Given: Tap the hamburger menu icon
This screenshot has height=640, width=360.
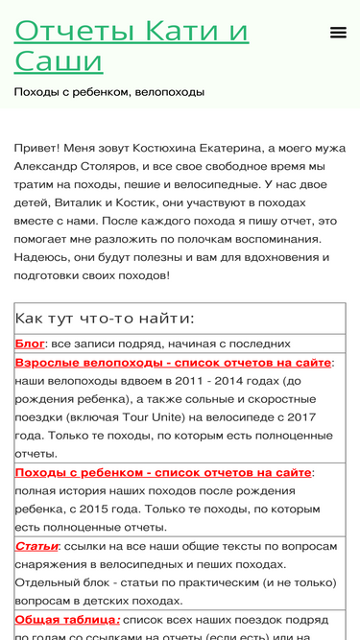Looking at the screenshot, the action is tap(338, 33).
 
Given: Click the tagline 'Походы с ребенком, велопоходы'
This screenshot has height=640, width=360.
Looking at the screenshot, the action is tap(108, 92).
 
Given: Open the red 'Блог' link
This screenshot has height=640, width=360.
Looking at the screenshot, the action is tap(30, 344).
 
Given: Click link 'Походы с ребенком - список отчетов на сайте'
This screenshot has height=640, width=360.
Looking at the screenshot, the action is tap(163, 472).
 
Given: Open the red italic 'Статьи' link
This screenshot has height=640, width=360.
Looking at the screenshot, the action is tap(36, 546).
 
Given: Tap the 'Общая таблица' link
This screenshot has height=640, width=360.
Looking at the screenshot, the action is tap(67, 619).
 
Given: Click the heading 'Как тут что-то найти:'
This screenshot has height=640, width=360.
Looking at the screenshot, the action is tap(105, 319).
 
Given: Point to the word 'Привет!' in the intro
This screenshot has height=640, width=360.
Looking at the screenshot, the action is tap(36, 148).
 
